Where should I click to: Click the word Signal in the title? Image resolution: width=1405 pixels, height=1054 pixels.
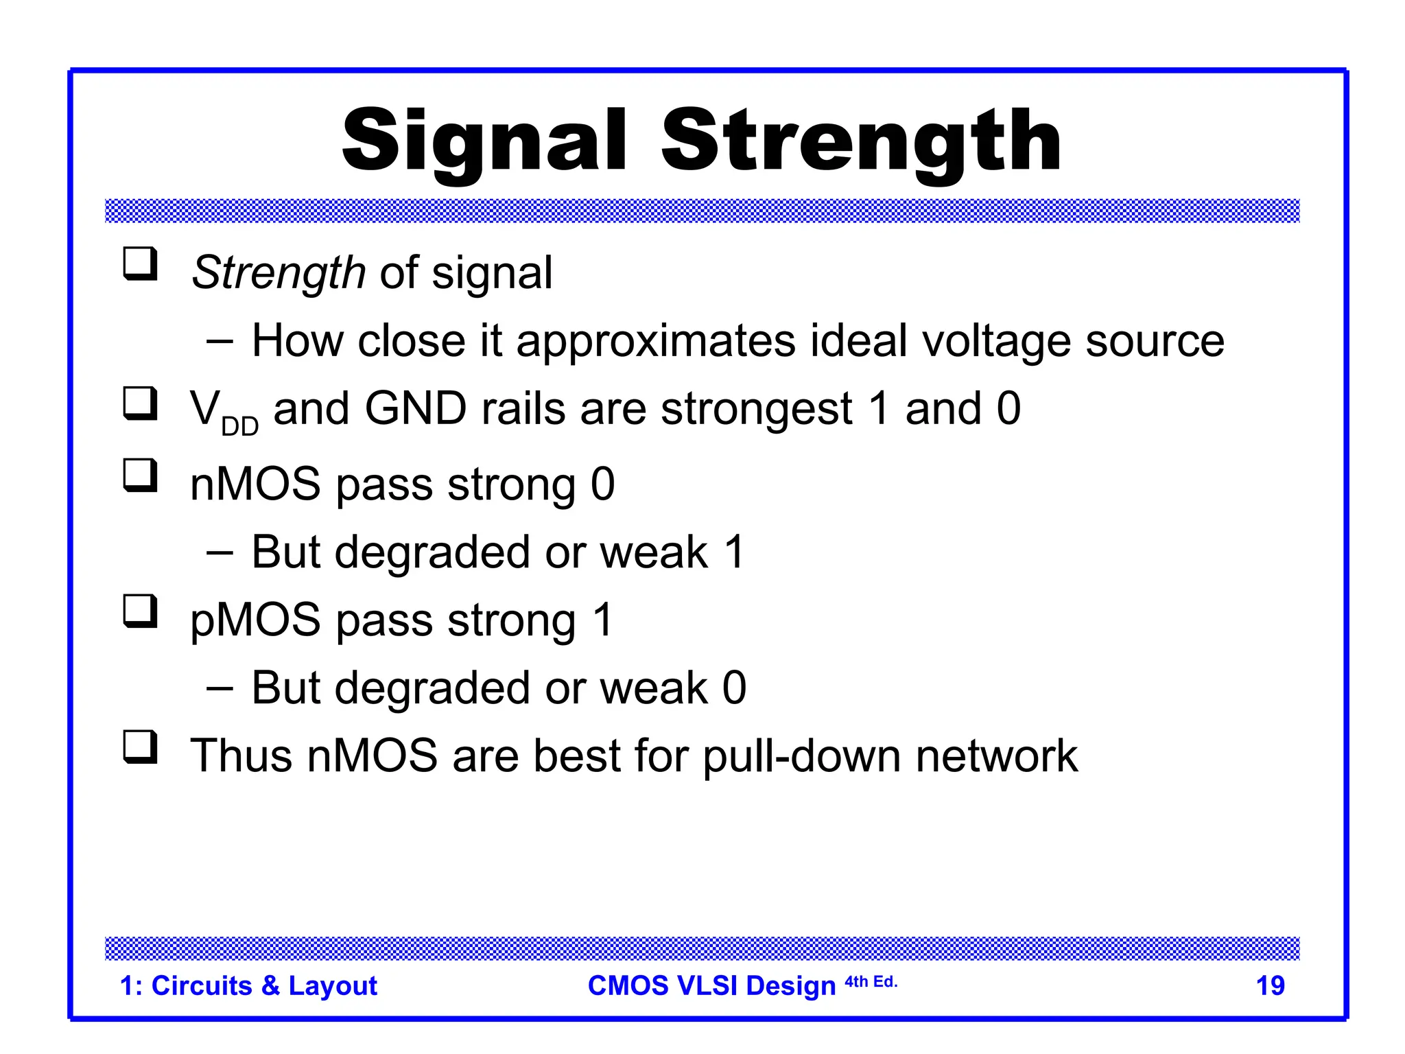click(484, 143)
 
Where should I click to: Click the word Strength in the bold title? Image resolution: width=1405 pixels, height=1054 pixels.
click(860, 143)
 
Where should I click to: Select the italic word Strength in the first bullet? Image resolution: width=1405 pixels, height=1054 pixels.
click(278, 273)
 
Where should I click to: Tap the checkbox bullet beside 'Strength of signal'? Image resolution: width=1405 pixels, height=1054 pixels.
click(140, 264)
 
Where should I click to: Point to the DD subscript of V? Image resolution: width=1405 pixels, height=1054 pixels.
click(239, 427)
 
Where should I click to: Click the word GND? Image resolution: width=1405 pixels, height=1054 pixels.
click(415, 409)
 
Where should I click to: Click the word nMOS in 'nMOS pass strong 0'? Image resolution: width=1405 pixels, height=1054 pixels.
click(255, 484)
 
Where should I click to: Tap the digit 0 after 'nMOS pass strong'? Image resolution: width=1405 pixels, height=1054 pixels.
click(602, 484)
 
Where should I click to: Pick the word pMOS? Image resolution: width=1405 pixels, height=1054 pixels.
click(255, 620)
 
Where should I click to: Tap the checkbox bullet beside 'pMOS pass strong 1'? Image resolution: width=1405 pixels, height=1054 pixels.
click(140, 611)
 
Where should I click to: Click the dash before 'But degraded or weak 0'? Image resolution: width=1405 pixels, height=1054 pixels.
click(220, 688)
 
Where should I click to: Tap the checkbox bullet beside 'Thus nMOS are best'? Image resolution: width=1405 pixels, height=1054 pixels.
click(140, 747)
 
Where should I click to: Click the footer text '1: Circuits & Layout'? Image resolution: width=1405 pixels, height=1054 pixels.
click(248, 985)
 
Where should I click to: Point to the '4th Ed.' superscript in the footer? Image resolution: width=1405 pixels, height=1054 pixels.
click(871, 982)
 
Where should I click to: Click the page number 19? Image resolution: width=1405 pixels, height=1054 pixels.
click(1269, 985)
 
